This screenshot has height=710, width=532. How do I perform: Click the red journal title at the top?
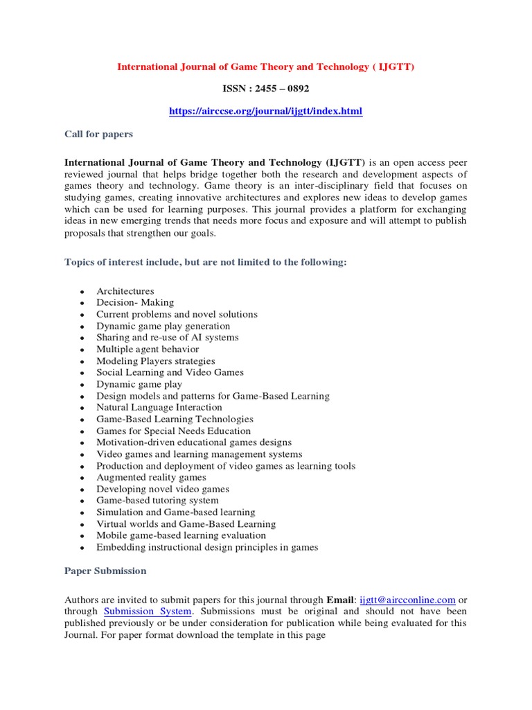point(265,67)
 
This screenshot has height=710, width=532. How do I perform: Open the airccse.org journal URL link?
point(265,111)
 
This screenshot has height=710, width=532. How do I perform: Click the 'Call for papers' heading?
point(98,134)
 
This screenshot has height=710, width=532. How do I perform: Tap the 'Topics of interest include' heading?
point(205,262)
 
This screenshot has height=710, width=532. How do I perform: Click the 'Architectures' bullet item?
point(125,291)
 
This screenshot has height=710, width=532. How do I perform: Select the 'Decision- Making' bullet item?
point(135,303)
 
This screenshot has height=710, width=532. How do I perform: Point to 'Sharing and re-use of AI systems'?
point(167,338)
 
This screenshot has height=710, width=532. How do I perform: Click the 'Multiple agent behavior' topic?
point(148,349)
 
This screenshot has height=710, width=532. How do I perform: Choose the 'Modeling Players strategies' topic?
point(155,361)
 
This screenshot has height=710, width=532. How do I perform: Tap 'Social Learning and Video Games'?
point(170,372)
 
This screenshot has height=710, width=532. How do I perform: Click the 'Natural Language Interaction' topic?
point(159,408)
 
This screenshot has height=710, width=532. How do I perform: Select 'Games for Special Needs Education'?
point(173,431)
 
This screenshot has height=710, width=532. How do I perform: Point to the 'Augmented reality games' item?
point(151,477)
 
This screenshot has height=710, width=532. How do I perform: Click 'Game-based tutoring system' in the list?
point(157,501)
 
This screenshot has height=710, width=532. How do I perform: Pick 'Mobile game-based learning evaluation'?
point(181,535)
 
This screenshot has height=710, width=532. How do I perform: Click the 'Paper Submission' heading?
point(105,571)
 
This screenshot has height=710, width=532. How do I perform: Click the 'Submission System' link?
point(148,612)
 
